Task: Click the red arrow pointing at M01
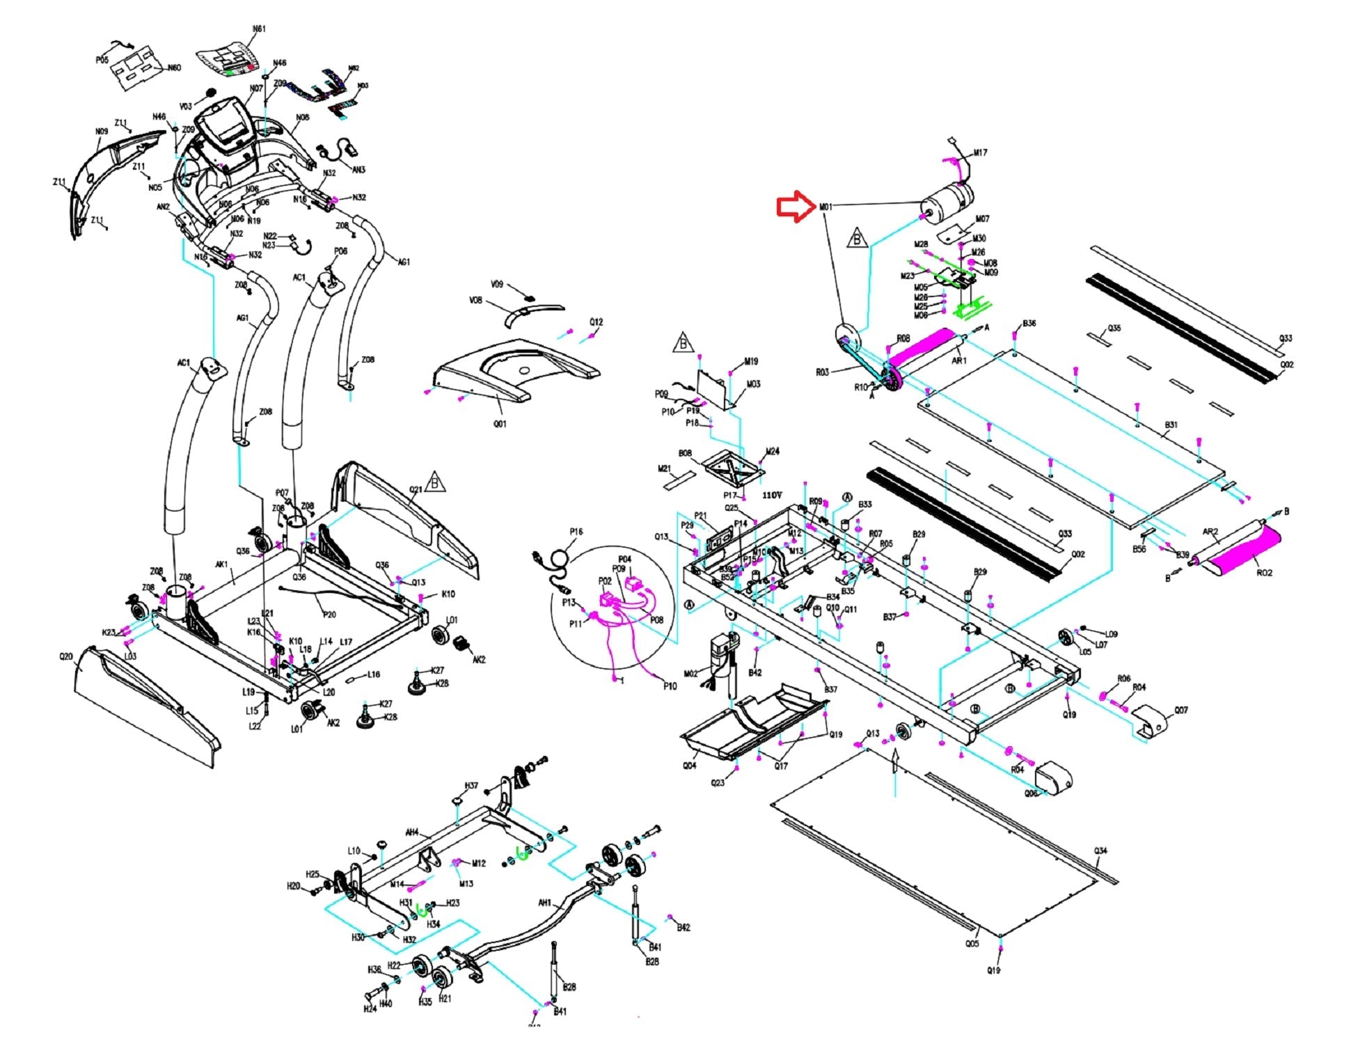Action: (796, 207)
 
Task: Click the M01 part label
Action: (825, 207)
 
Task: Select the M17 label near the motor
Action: (980, 153)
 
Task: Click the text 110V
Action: (772, 495)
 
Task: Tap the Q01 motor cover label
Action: (500, 423)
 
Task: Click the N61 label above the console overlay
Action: (259, 29)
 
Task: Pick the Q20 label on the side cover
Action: (66, 656)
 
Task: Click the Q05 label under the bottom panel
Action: (972, 944)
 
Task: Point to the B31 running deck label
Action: (1171, 425)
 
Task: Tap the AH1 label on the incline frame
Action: (544, 903)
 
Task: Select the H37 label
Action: (471, 786)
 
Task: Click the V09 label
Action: (496, 285)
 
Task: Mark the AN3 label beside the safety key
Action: (358, 170)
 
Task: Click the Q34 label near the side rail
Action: (1100, 851)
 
